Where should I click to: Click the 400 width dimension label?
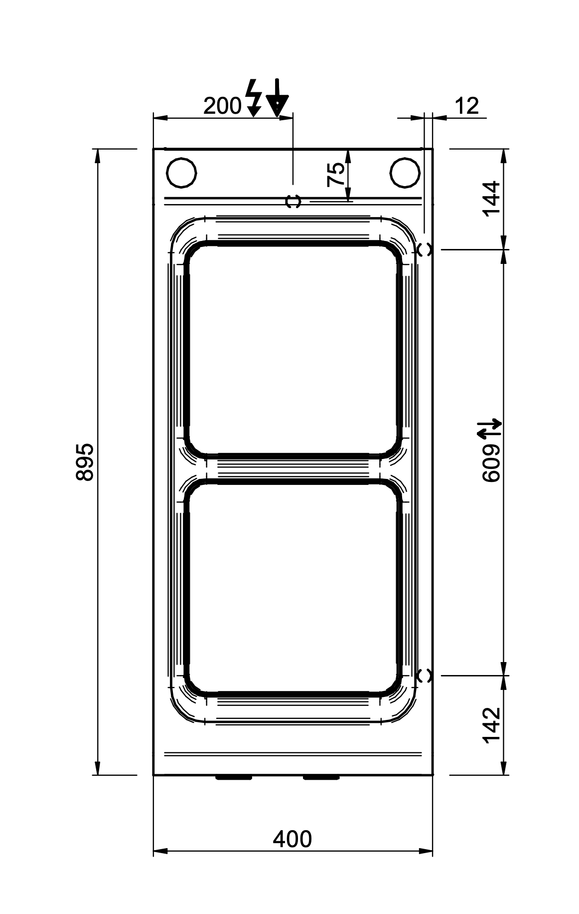pos(292,839)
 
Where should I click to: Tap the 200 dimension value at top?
pos(223,106)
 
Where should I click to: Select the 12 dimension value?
pos(467,106)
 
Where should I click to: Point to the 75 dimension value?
pos(337,175)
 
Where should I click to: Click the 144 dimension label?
pos(492,198)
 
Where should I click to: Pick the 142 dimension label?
pos(492,725)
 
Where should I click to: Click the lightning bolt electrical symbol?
pos(255,98)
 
